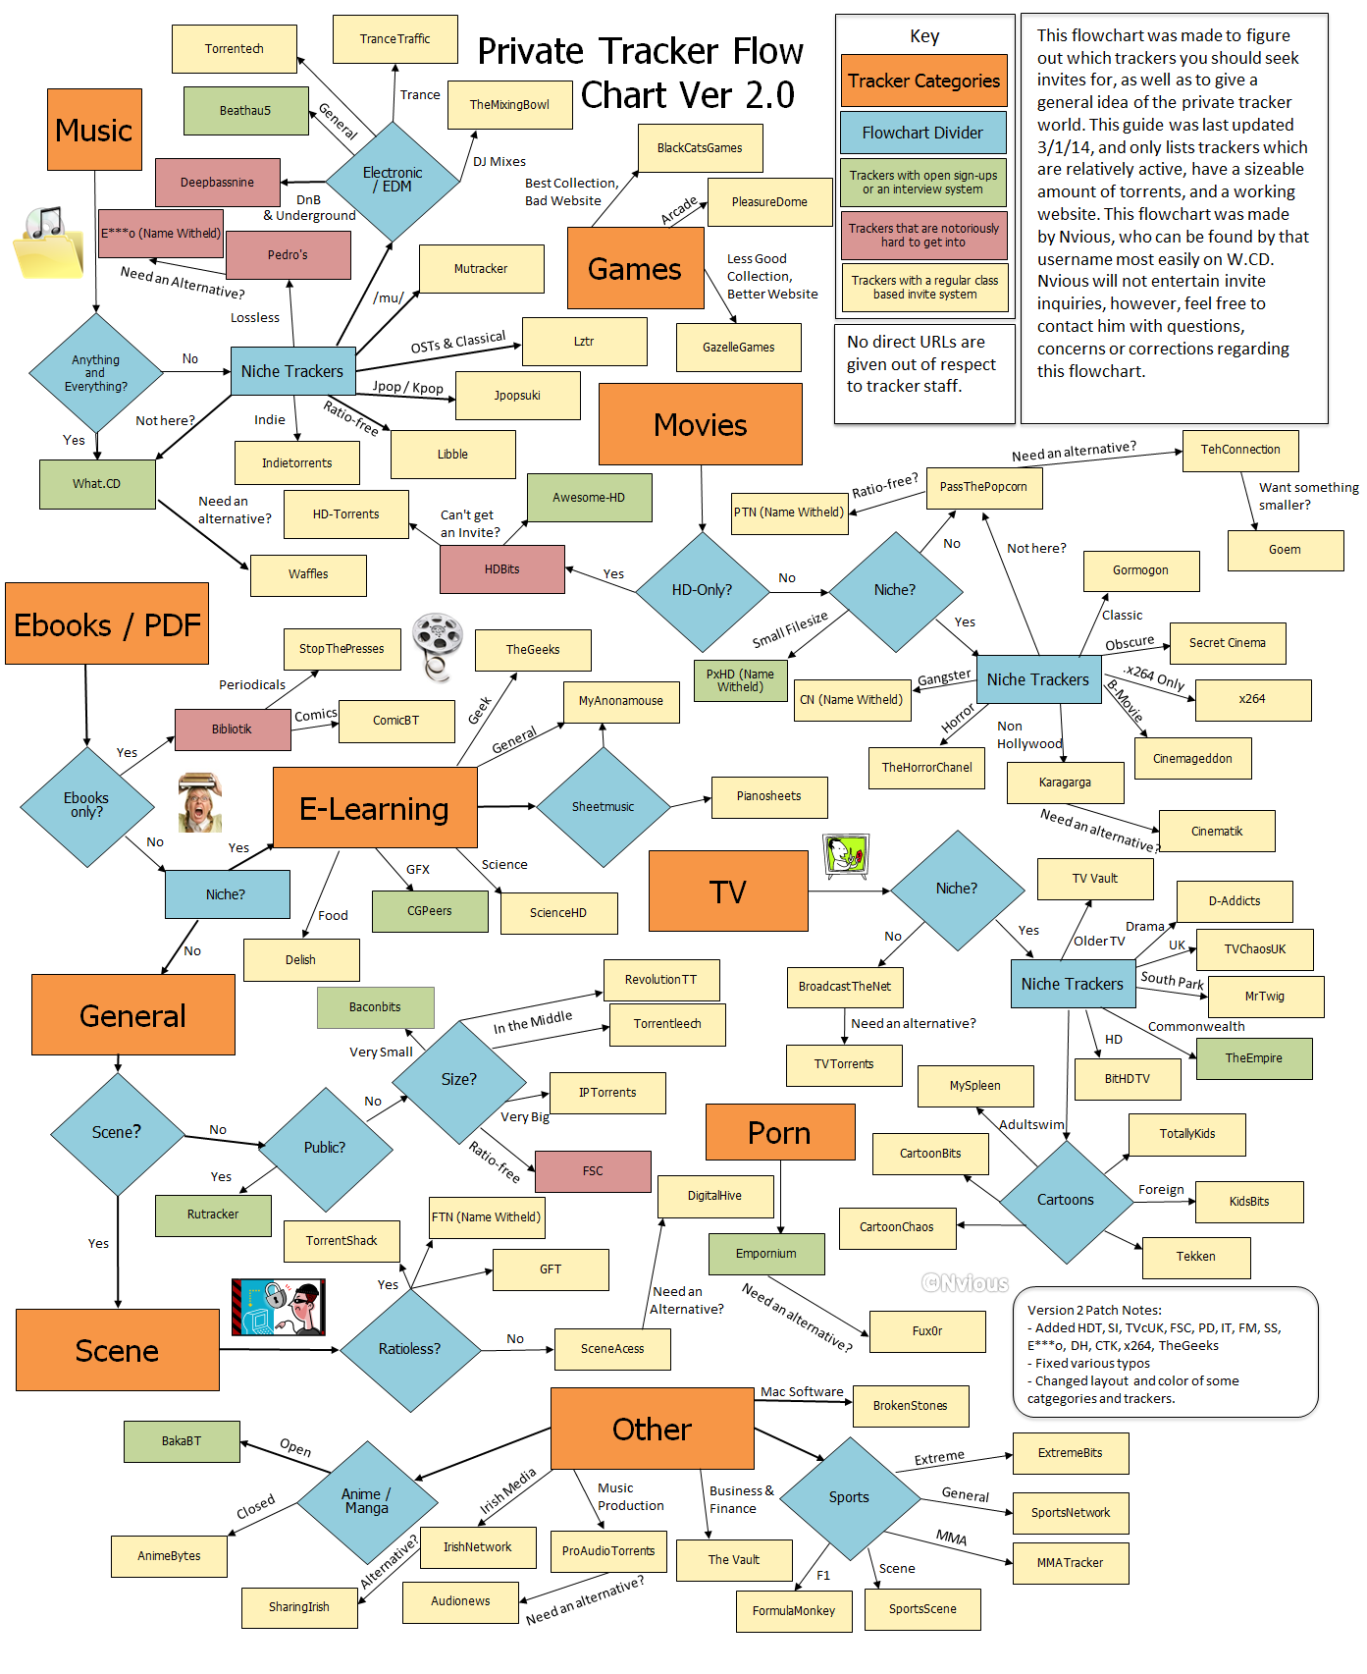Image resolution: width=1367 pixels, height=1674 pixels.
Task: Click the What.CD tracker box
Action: point(97,484)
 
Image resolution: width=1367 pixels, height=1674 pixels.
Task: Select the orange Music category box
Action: point(94,130)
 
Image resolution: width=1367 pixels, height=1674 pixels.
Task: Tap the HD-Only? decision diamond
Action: point(702,590)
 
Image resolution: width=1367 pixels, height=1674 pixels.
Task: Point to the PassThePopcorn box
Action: point(983,487)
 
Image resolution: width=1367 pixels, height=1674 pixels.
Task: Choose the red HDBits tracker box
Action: point(502,569)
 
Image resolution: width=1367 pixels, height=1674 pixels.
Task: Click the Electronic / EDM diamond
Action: point(393,181)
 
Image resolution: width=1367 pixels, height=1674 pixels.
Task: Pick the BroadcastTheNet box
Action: point(844,987)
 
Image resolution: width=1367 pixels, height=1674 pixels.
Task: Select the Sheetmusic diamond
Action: point(603,807)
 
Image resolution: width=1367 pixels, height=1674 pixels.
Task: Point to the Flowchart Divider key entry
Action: point(922,133)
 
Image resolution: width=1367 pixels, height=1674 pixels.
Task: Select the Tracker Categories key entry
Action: point(923,81)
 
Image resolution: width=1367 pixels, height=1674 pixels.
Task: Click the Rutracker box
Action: point(213,1215)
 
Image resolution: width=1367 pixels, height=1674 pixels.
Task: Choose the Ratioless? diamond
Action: point(409,1349)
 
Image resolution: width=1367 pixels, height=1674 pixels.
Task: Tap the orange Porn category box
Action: point(779,1133)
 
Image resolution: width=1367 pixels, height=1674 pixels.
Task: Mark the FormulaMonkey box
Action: point(794,1611)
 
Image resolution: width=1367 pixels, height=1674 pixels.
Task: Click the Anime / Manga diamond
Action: point(366,1501)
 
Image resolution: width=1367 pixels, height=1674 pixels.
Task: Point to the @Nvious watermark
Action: point(965,1283)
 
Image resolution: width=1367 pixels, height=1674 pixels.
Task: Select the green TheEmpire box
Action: point(1253,1058)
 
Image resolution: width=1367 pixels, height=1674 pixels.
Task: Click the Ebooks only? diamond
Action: point(86,806)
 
